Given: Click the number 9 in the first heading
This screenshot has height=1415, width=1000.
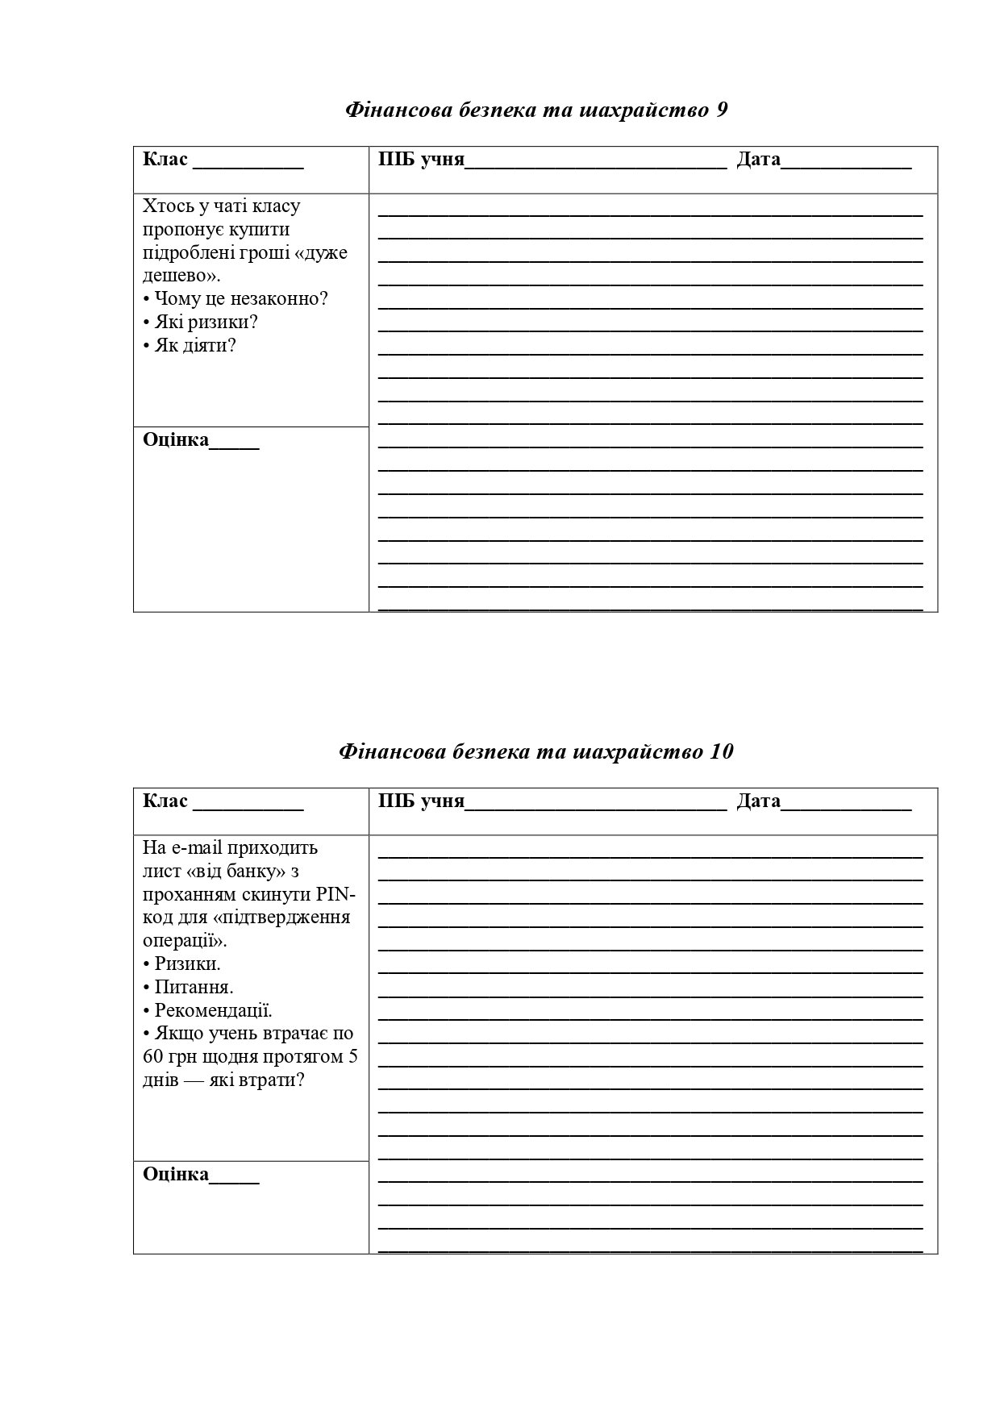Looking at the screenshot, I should coord(722,110).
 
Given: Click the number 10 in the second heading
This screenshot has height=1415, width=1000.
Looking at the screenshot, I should coord(723,751).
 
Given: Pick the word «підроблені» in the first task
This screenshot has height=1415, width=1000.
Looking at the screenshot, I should coord(183,252).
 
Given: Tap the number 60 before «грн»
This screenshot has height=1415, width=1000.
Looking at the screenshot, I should coord(153,1057).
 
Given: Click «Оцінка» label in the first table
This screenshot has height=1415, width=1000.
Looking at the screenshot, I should coord(176,440).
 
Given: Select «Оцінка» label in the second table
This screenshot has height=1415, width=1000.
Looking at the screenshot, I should coord(176,1174).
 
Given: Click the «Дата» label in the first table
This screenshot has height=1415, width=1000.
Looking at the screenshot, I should coord(758,160).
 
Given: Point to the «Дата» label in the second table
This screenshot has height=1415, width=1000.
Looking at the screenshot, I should coord(758,801).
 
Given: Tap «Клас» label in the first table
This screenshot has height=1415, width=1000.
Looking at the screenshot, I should coord(165,160).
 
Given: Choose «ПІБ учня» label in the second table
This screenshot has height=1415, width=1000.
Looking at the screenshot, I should coord(421,801).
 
